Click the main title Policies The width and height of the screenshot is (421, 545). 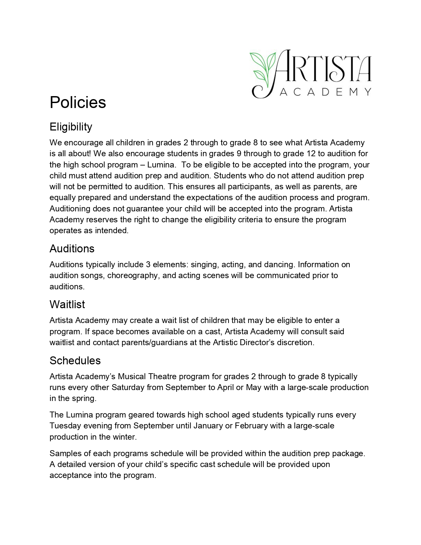point(78,102)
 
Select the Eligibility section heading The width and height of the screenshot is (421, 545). point(71,127)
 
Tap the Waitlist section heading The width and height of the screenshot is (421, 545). point(67,304)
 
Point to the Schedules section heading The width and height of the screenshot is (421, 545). point(75,360)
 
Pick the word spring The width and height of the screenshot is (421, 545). point(85,398)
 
